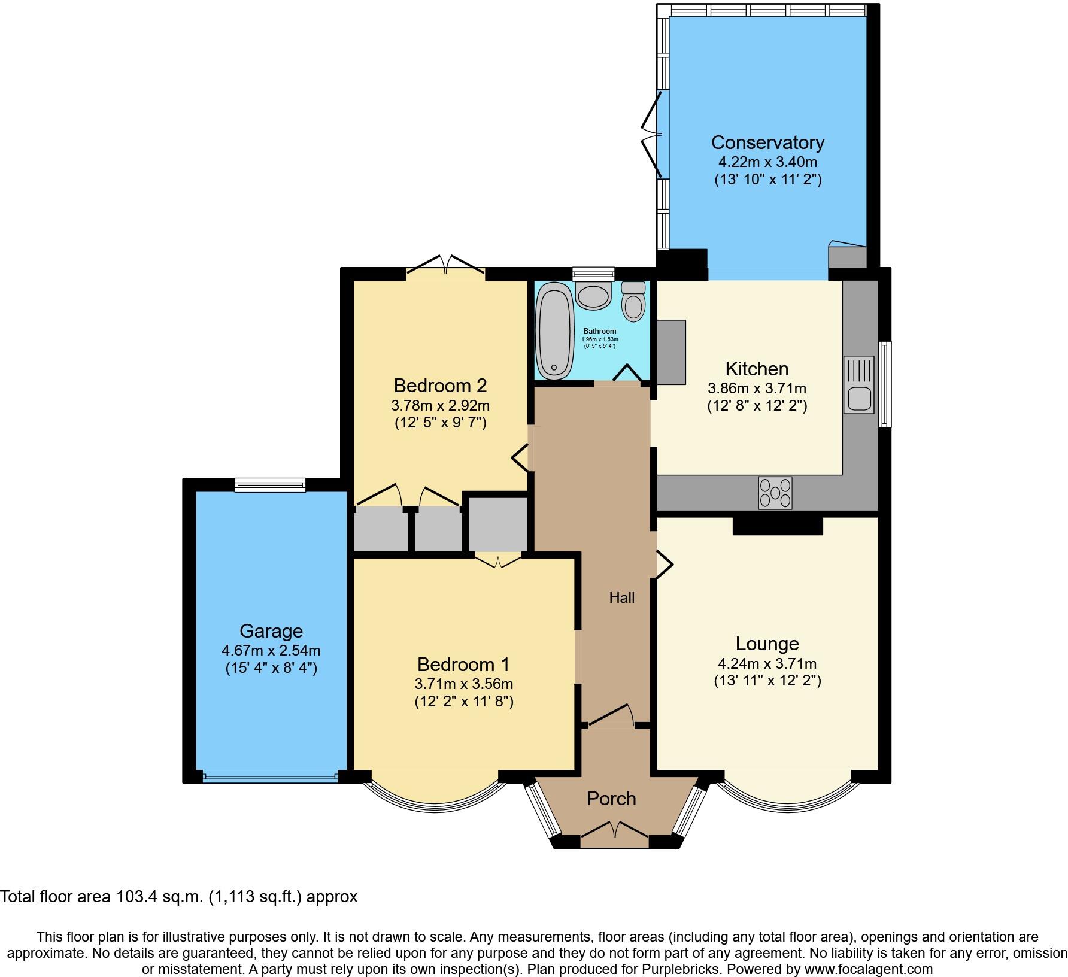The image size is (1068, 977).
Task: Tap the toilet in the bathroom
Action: coord(633,302)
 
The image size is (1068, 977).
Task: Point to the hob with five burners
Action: coord(775,493)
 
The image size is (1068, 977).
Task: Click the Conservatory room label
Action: coord(767,142)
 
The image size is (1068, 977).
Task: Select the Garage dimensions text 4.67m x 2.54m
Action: coord(271,650)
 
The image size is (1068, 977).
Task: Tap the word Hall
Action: coord(622,597)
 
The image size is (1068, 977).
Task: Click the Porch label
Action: coord(611,799)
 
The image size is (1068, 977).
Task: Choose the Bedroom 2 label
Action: coord(440,385)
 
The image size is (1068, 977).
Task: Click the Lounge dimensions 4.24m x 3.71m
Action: coord(767,663)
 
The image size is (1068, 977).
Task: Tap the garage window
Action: coord(270,485)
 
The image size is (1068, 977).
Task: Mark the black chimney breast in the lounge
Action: coord(778,526)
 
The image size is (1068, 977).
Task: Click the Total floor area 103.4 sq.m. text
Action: coord(178,897)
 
